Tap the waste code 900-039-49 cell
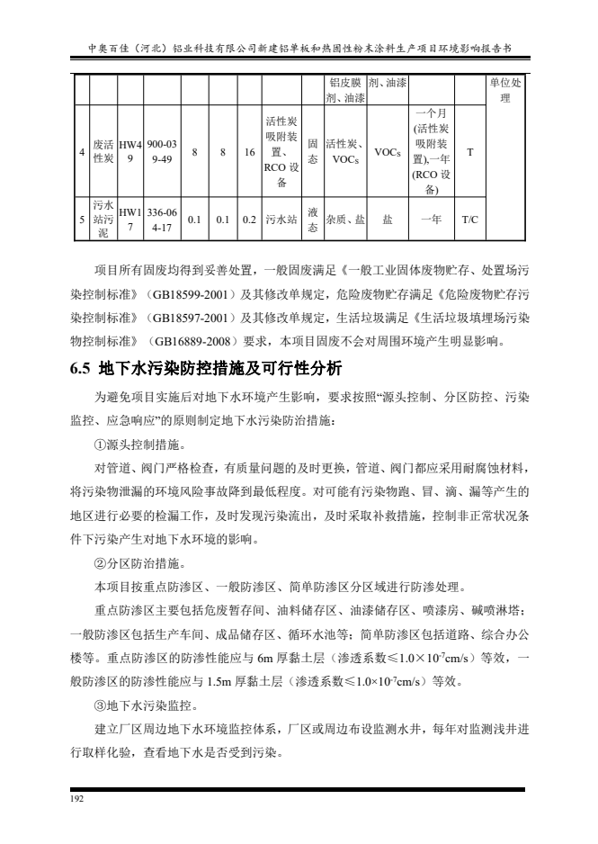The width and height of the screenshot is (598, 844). click(163, 153)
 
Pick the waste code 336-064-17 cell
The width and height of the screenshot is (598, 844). click(163, 219)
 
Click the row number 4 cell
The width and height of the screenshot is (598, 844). click(81, 153)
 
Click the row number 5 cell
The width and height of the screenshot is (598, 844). click(81, 219)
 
